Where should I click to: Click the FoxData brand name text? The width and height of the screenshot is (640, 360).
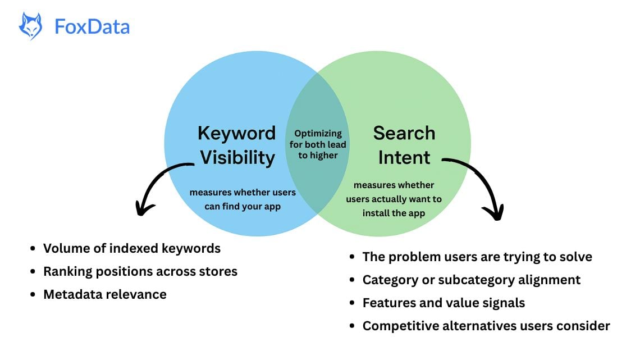[x=92, y=27]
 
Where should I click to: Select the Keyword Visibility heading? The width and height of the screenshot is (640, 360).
[x=237, y=145]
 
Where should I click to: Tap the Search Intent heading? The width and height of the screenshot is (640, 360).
[x=404, y=145]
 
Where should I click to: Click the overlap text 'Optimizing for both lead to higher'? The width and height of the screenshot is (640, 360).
[x=319, y=144]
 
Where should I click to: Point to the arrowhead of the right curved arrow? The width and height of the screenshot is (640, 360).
[x=494, y=213]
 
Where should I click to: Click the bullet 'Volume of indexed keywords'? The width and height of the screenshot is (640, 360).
[x=132, y=248]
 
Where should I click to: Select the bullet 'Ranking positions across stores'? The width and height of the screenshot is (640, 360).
[x=140, y=271]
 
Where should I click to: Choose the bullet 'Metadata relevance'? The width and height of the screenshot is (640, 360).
[x=105, y=294]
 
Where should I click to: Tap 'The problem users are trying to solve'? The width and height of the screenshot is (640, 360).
[x=477, y=257]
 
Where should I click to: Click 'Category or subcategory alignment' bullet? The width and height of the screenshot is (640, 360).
[x=472, y=280]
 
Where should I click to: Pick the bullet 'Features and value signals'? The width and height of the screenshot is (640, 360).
[x=444, y=303]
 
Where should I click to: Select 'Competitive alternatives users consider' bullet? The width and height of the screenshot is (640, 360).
[x=486, y=326]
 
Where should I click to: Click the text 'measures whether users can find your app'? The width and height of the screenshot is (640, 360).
[x=243, y=199]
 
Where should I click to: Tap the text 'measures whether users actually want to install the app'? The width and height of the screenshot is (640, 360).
[x=394, y=199]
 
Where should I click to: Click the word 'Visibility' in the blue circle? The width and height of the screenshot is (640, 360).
[x=237, y=158]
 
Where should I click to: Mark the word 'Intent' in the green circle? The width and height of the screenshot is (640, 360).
[x=404, y=158]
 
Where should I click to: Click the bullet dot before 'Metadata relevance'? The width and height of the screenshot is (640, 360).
[x=33, y=295]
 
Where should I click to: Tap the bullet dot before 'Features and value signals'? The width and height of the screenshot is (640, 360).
[x=351, y=303]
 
